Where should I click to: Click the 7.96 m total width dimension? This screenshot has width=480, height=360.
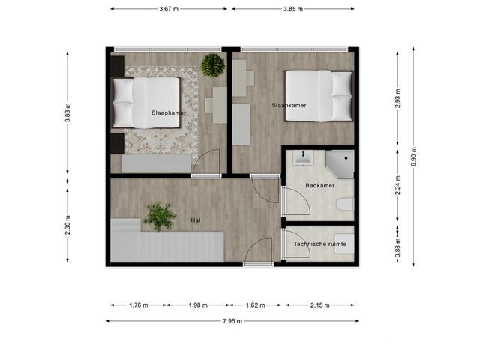tap(232, 321)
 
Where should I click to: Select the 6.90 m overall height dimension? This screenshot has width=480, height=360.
tap(413, 157)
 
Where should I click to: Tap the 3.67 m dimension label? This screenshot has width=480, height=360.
tap(169, 9)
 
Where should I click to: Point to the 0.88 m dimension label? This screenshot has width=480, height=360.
tap(397, 248)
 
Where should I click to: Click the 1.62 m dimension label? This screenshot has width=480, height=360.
tap(256, 305)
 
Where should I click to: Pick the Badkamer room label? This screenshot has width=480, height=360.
tap(320, 185)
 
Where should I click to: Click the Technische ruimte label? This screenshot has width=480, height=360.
tap(320, 244)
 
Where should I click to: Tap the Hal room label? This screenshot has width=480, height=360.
tap(196, 220)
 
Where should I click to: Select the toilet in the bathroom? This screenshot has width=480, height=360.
tap(345, 205)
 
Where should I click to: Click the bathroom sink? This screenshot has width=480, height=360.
tap(303, 158)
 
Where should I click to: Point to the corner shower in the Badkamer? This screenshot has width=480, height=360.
tap(340, 163)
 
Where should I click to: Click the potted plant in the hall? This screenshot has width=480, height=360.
tap(160, 217)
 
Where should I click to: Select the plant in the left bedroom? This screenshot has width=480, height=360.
tap(213, 65)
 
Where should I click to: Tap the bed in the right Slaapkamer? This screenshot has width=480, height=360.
tap(319, 96)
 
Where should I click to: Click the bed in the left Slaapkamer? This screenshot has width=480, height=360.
tap(146, 103)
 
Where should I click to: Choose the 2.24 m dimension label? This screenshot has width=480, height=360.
tap(397, 185)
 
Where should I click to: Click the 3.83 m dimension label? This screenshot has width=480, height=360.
tap(67, 112)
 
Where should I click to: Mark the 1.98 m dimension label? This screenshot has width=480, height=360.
tap(198, 305)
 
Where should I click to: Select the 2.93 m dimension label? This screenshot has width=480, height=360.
tap(397, 98)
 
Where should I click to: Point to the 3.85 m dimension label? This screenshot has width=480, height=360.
tap(293, 9)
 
